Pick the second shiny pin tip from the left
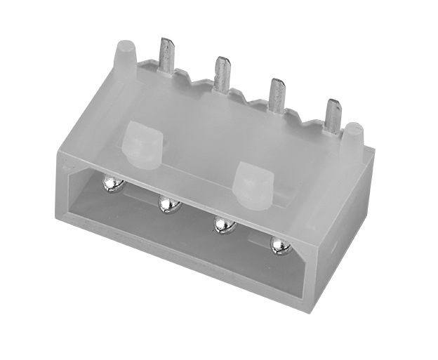[168, 204]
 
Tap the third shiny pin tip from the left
[223, 225]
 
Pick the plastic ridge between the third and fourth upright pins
[303, 112]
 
